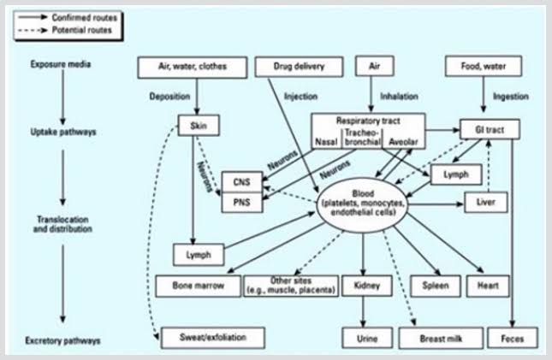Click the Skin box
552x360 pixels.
coord(195,127)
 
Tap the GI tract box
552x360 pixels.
coord(490,127)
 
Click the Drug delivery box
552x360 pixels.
coord(287,66)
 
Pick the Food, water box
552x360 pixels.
coord(482,66)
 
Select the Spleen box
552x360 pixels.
coord(435,285)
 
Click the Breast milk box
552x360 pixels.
coord(441,339)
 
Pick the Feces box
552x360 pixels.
coord(513,339)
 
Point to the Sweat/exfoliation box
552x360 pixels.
coord(211,338)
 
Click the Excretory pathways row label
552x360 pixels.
coord(67,339)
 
